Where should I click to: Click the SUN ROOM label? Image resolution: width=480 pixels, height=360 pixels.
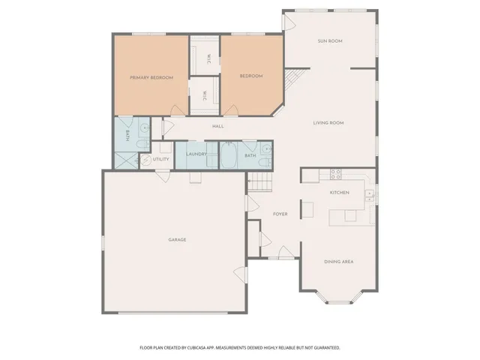[x=330, y=40]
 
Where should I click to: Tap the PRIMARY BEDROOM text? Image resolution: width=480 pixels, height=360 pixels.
[x=151, y=77]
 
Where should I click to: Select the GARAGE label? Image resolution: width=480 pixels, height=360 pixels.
[x=177, y=240]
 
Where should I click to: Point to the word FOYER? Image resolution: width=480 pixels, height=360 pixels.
[x=280, y=214]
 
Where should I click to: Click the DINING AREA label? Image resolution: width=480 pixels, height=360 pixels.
[x=338, y=262]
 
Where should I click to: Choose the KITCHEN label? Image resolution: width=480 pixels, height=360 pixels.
[x=340, y=193]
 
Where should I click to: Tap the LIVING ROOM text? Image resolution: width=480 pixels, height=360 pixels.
[x=328, y=122]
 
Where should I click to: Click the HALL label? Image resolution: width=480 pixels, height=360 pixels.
[x=218, y=126]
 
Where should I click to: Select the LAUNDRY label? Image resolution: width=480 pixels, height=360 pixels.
[x=196, y=154]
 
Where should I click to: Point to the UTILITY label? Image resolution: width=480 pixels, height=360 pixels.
[x=161, y=159]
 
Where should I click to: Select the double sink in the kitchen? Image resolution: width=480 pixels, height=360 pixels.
[x=369, y=196]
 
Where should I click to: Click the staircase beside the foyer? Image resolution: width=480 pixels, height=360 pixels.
[x=259, y=181]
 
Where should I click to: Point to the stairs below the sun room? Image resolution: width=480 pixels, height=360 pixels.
[x=295, y=77]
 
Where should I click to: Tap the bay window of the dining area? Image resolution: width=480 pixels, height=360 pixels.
[x=338, y=301]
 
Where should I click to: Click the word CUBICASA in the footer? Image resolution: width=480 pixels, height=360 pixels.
[x=199, y=348]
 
